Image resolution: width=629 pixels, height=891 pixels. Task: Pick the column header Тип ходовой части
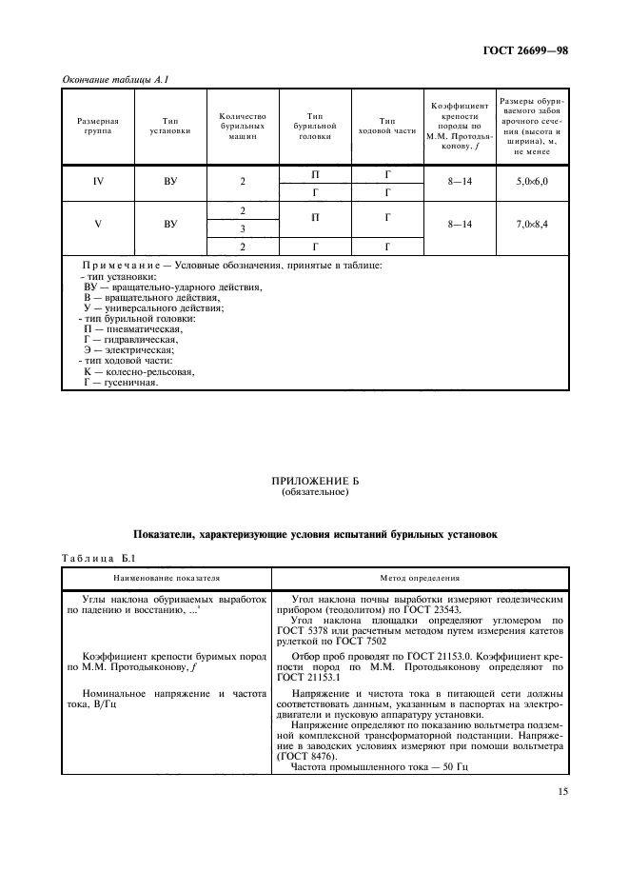click(386, 127)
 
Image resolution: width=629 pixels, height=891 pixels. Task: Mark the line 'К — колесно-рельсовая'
click(138, 372)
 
